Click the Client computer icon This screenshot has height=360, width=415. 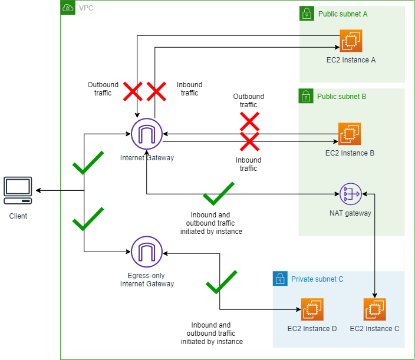click(x=18, y=189)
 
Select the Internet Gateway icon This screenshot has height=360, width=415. click(x=146, y=134)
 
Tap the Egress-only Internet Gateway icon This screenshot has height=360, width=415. click(x=146, y=252)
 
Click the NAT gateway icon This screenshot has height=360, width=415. click(x=350, y=193)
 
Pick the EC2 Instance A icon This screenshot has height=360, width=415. click(x=351, y=41)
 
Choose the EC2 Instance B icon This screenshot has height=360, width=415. click(x=350, y=134)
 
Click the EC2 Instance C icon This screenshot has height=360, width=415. click(x=374, y=309)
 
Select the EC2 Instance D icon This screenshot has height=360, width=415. click(x=312, y=309)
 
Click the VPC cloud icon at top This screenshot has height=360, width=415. click(x=68, y=8)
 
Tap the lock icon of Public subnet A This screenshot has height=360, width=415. click(x=306, y=13)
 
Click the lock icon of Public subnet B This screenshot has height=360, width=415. click(x=306, y=95)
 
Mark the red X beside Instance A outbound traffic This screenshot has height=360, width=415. click(x=132, y=91)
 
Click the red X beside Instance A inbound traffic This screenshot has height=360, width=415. click(x=156, y=91)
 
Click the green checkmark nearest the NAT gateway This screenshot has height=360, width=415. click(x=218, y=193)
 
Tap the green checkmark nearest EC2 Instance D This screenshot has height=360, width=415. click(x=221, y=282)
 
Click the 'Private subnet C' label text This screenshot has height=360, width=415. click(x=317, y=279)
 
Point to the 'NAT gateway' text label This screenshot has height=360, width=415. click(x=350, y=213)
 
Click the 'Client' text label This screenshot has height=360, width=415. click(x=18, y=216)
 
